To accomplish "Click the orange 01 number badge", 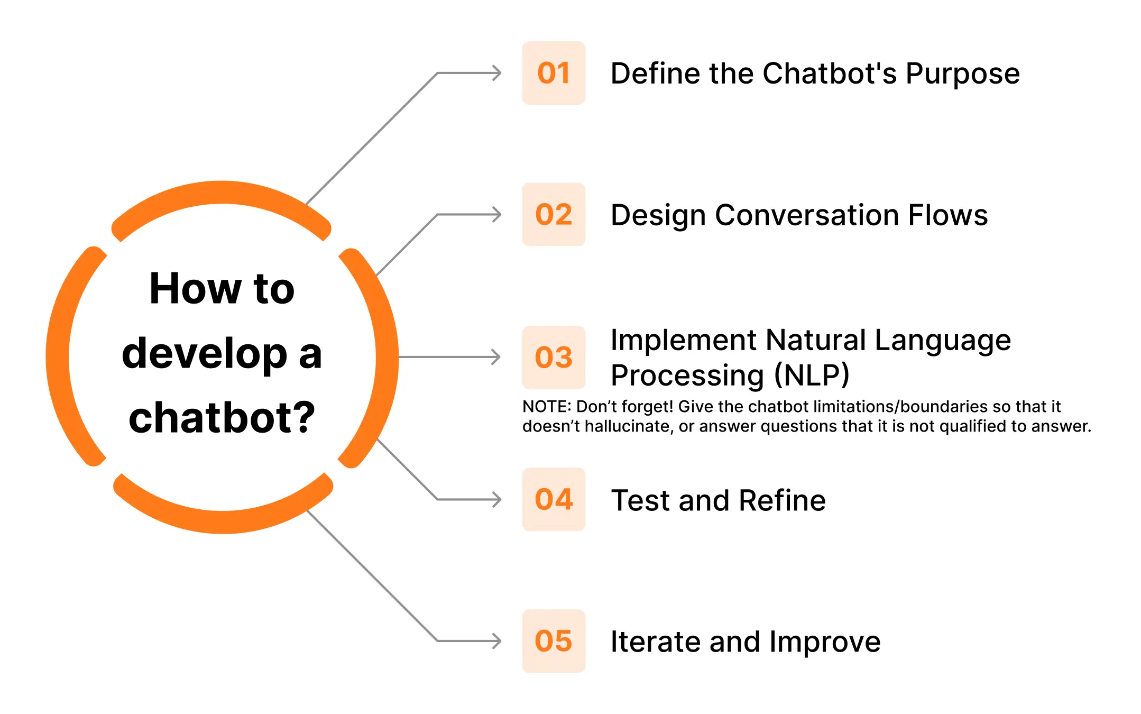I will click(x=554, y=73).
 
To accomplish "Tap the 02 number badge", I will click(x=554, y=214).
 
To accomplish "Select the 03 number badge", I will click(x=554, y=357).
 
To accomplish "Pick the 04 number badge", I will click(x=554, y=499).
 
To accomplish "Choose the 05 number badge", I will click(x=554, y=641).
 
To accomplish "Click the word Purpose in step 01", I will click(x=962, y=74).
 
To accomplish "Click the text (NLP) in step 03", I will click(x=812, y=376).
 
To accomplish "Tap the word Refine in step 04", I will click(x=782, y=500).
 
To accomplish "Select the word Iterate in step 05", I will click(x=656, y=642).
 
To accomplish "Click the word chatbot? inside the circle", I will click(x=222, y=418).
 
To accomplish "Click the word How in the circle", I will click(x=195, y=289).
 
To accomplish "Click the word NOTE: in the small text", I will click(x=547, y=407).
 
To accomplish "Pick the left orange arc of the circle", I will click(x=59, y=357).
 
